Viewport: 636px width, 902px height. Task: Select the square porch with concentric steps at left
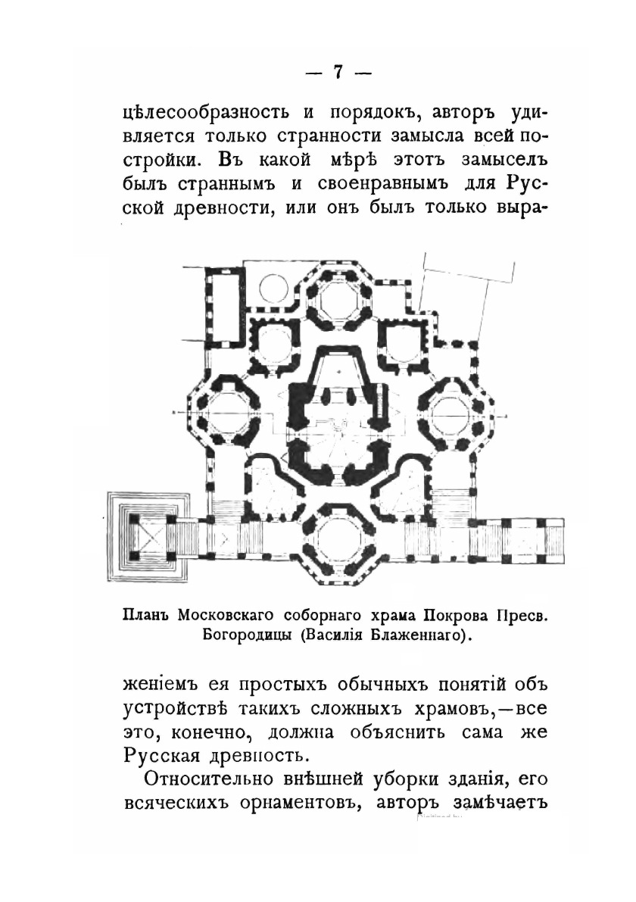click(146, 538)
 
